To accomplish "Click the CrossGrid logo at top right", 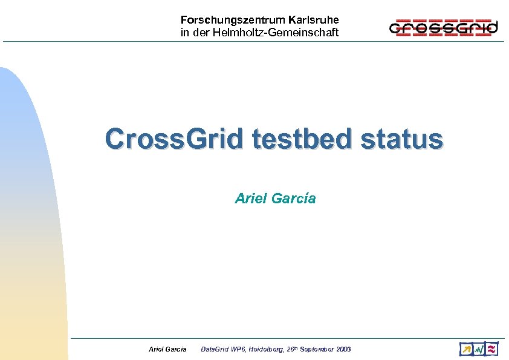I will (x=443, y=27).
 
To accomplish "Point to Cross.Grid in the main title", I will (x=175, y=139).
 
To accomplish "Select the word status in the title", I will (x=402, y=139).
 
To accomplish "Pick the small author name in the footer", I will (x=167, y=349).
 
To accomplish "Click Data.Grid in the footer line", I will (x=215, y=349).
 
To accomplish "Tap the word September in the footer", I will (x=320, y=349).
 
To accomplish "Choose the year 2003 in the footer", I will (x=344, y=349).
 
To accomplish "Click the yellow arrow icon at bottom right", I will (x=466, y=349).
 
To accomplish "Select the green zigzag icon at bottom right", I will (x=479, y=349).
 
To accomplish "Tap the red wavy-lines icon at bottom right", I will (x=491, y=349).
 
